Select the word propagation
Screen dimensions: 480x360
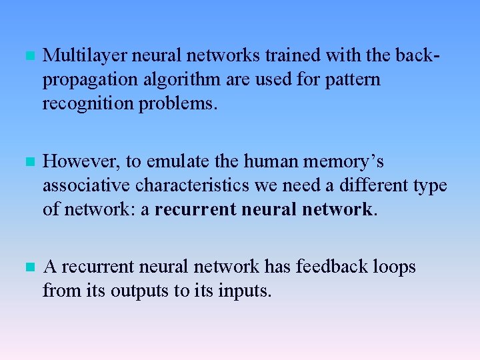coord(91,81)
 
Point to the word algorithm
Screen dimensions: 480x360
coord(180,81)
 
